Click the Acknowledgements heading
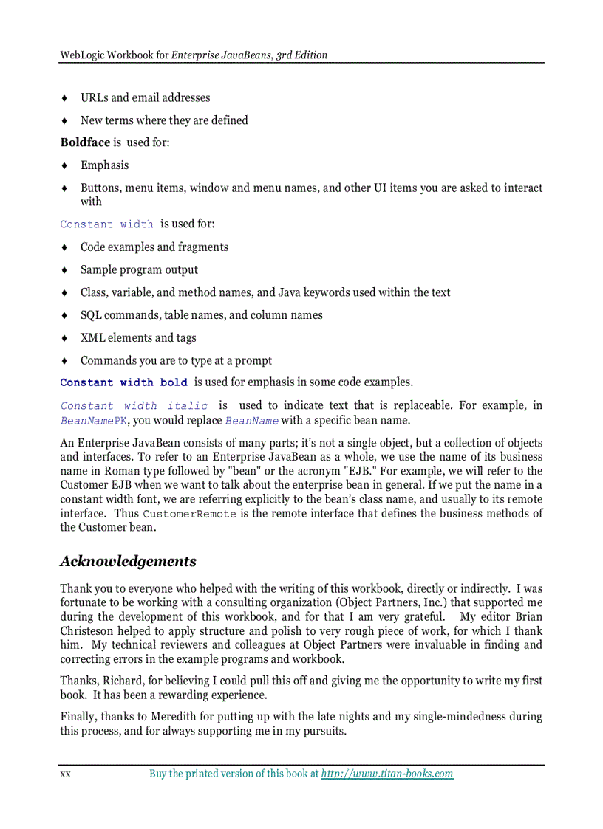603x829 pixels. coord(128,561)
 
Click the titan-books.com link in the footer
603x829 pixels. coord(387,774)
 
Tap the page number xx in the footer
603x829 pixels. coord(65,774)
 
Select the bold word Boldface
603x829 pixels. coord(85,142)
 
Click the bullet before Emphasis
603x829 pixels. coord(65,165)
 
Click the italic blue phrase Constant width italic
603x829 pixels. coord(134,406)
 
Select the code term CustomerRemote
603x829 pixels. coord(189,514)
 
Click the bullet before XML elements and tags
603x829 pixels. coord(65,338)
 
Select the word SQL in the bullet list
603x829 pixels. coord(91,315)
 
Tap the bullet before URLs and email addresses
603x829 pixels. coord(65,98)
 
